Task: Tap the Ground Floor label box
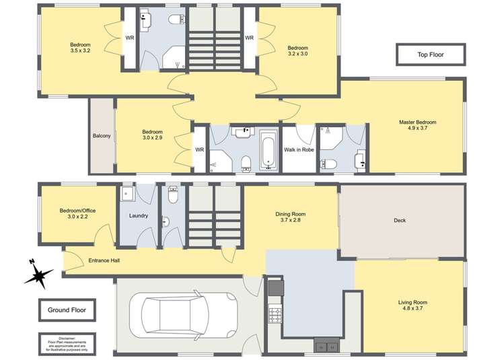tap(67, 310)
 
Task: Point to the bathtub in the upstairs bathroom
tap(268, 149)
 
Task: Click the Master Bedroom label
tap(417, 122)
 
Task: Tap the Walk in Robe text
tap(297, 149)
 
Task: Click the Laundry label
tap(138, 215)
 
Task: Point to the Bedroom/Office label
tap(77, 211)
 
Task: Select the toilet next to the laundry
tap(172, 196)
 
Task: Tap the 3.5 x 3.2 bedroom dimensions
tap(79, 50)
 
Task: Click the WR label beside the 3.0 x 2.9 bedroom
tap(199, 149)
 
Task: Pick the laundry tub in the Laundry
tap(128, 195)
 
